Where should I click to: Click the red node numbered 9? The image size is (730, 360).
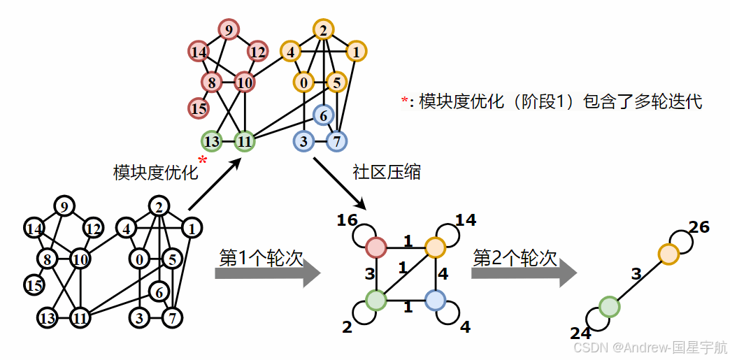click(x=228, y=30)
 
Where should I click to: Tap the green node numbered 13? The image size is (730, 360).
click(x=212, y=141)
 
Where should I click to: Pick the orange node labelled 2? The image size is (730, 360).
click(x=323, y=30)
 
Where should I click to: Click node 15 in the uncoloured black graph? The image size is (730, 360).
click(x=34, y=285)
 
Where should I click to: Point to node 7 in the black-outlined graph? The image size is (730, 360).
click(x=172, y=319)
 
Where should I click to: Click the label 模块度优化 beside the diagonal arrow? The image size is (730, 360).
click(x=155, y=172)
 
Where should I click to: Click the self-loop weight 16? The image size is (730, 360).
click(x=347, y=221)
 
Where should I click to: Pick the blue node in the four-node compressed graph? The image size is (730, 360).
click(x=435, y=301)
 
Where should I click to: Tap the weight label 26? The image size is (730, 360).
click(x=699, y=227)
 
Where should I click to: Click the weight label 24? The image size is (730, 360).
click(x=580, y=334)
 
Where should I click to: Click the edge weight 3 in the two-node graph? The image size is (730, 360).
click(x=636, y=274)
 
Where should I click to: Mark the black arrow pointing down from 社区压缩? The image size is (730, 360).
click(x=340, y=183)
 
